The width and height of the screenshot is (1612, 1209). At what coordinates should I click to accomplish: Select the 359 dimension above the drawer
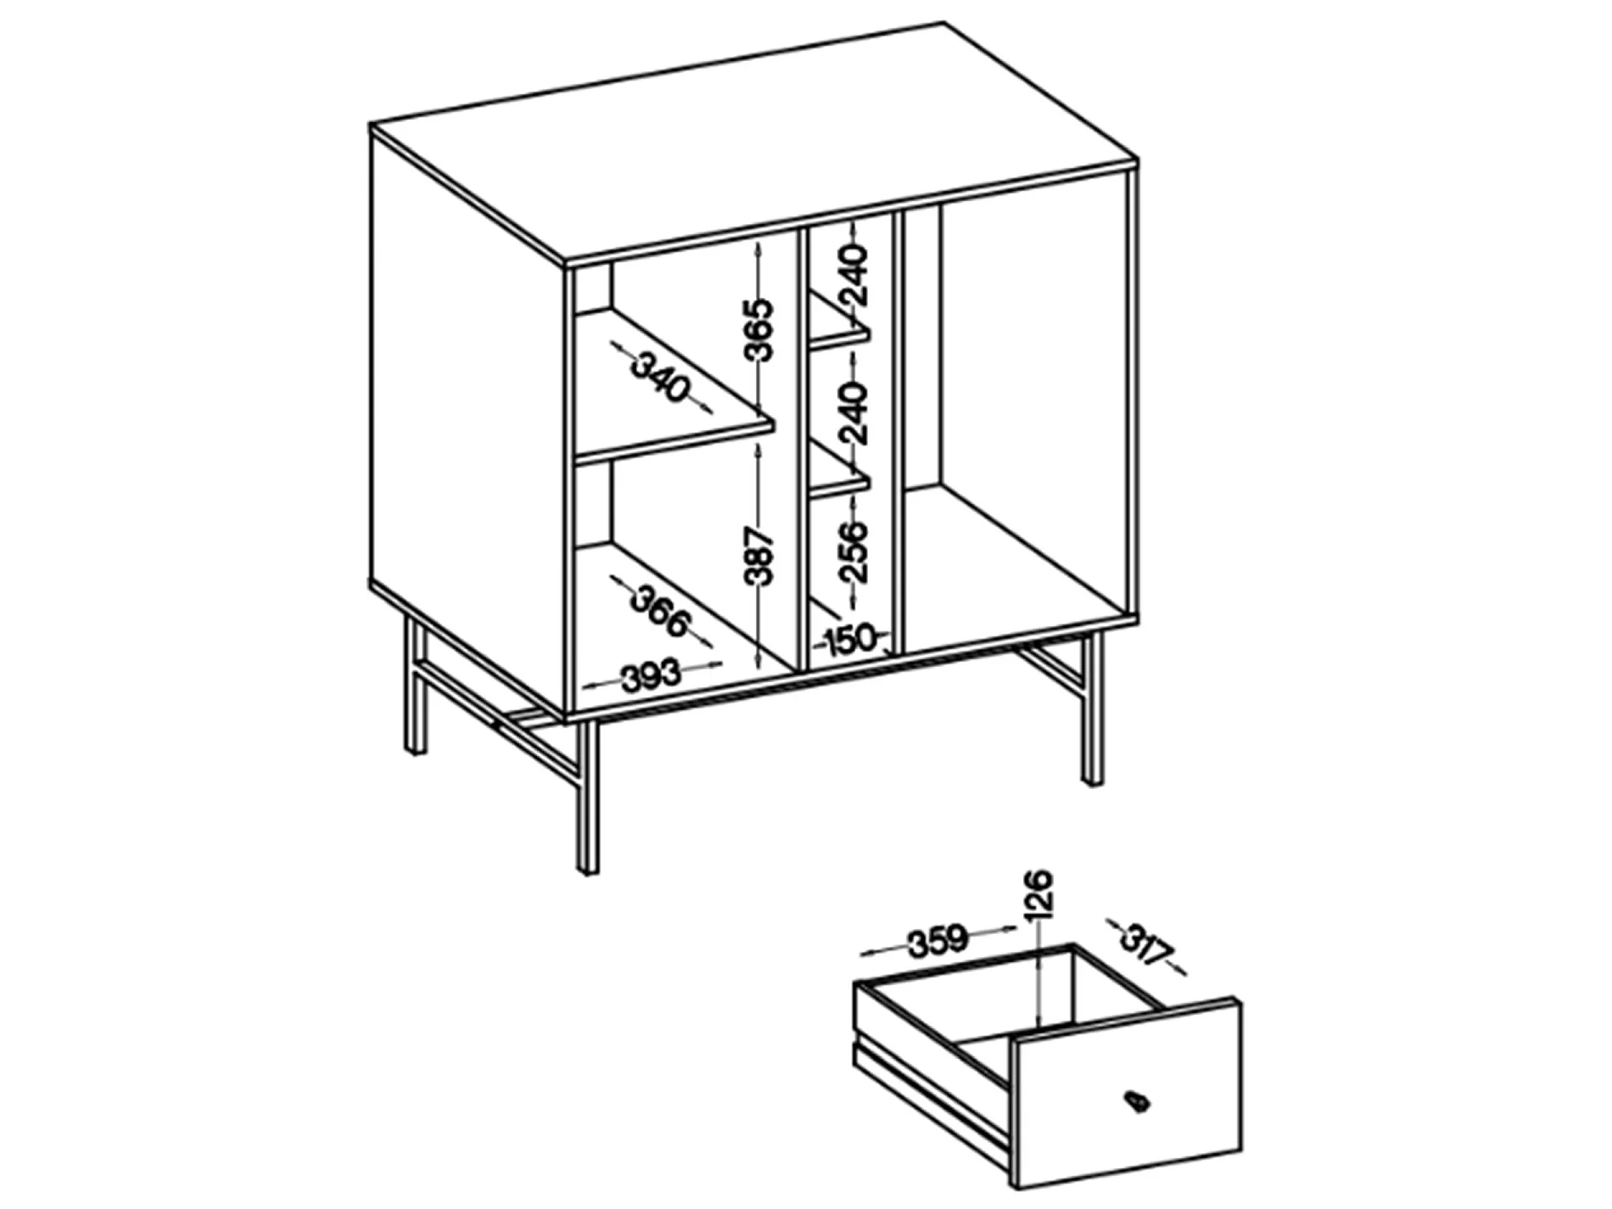coord(938,940)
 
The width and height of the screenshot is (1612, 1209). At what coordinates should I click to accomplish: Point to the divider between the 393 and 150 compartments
coord(798,450)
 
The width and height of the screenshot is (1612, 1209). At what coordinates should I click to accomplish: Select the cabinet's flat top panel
coord(755,140)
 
